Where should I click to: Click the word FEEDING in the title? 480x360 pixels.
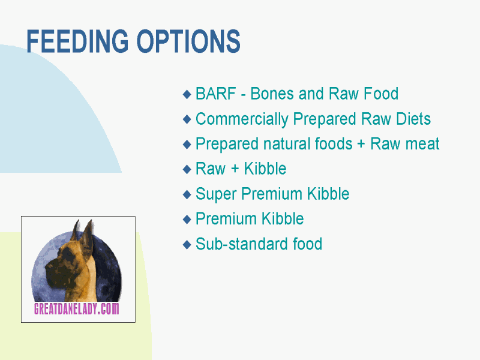[77, 41]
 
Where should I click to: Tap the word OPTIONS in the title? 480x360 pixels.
[188, 41]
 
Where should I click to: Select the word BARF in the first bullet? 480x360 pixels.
[216, 94]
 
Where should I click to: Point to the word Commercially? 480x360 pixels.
[242, 119]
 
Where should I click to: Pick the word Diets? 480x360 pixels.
[413, 119]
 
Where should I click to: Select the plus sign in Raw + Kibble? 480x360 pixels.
[235, 169]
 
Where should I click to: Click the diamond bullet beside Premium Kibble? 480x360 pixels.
[187, 219]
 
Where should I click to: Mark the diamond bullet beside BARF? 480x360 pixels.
[187, 94]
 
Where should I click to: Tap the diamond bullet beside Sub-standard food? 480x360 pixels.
[187, 244]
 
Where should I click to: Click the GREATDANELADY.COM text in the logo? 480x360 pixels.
[77, 309]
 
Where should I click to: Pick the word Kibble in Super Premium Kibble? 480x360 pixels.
[328, 194]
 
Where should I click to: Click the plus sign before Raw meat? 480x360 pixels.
[361, 144]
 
